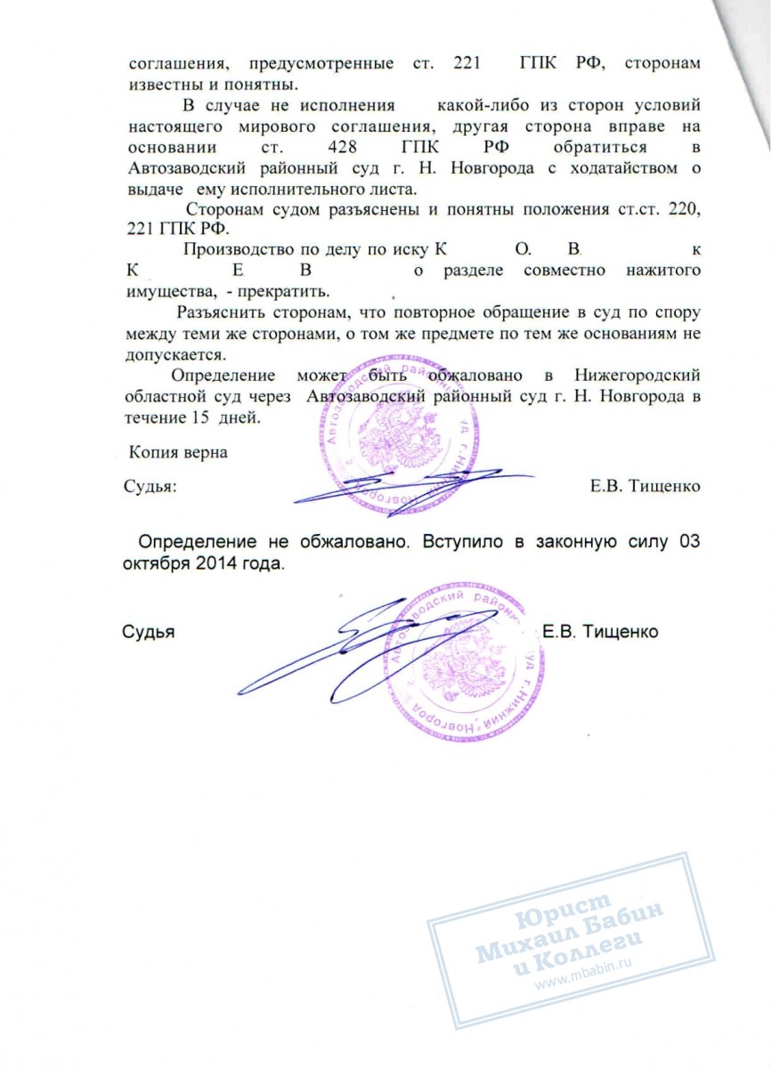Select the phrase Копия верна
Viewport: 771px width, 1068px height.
point(178,452)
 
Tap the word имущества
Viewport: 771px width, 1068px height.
point(167,292)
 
